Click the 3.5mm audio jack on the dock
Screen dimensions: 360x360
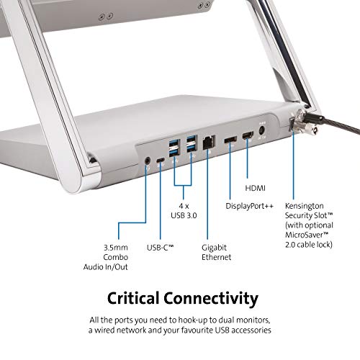[x=148, y=160]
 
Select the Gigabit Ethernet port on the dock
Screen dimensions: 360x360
[x=209, y=143]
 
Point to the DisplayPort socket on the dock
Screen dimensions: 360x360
[x=230, y=140]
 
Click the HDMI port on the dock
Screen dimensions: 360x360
[x=248, y=135]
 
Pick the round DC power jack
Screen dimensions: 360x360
[x=262, y=131]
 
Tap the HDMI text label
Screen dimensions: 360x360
[x=255, y=188]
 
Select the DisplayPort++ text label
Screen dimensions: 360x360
[x=249, y=206]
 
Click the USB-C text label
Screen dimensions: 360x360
[x=160, y=248]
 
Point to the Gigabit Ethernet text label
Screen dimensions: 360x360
[x=216, y=252]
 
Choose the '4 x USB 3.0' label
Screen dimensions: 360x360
[x=184, y=210]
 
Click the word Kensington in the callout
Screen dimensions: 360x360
[x=305, y=206]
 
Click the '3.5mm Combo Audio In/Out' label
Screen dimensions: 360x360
[x=106, y=257]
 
